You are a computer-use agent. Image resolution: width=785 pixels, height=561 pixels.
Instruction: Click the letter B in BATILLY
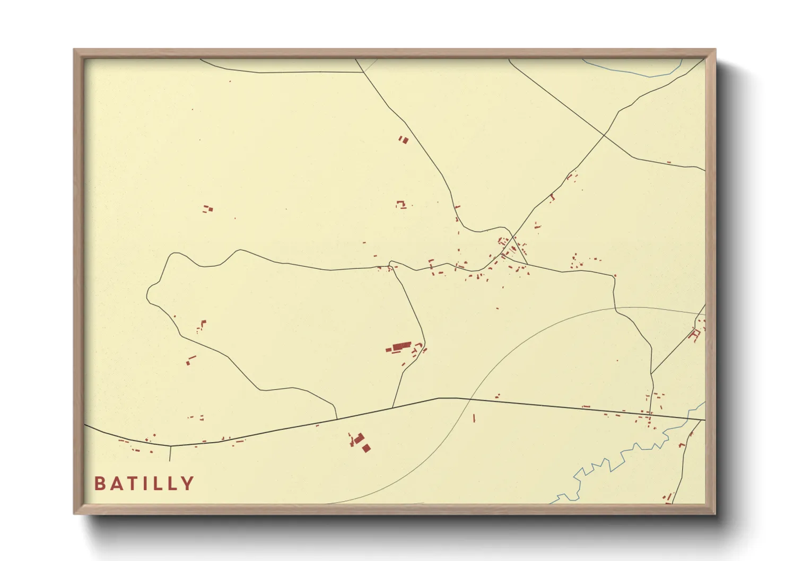coord(99,484)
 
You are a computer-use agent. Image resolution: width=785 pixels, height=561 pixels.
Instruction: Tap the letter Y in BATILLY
coord(188,484)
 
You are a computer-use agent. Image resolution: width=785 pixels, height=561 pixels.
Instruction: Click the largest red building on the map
coord(402,347)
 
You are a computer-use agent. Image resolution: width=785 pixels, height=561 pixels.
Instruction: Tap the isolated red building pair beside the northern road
coord(404,140)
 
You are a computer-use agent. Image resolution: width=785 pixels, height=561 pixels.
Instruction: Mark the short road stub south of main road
coord(170,453)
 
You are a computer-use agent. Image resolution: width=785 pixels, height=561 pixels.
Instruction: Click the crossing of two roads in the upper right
coord(604,136)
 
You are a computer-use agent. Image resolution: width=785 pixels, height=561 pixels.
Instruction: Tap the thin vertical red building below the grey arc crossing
coord(474,418)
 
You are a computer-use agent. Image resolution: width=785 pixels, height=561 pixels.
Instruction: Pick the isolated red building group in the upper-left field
coord(208,209)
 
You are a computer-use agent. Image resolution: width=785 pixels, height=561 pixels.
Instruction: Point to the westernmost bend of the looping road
coord(147,294)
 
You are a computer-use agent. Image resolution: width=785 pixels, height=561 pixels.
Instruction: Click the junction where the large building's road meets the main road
coord(392,408)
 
